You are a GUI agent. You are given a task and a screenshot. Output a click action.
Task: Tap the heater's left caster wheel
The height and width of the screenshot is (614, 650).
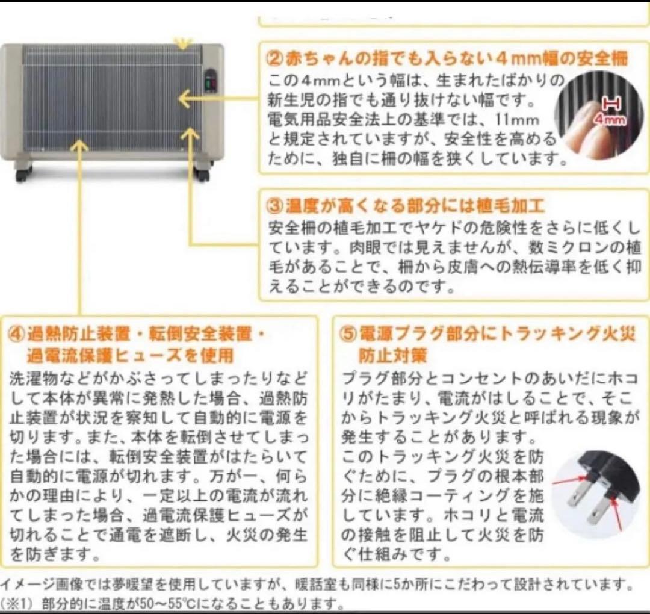(22, 174)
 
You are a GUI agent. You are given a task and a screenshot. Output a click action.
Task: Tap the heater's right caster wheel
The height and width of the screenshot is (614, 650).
(202, 175)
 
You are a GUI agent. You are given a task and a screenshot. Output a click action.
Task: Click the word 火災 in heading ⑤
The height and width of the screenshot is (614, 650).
(611, 333)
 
